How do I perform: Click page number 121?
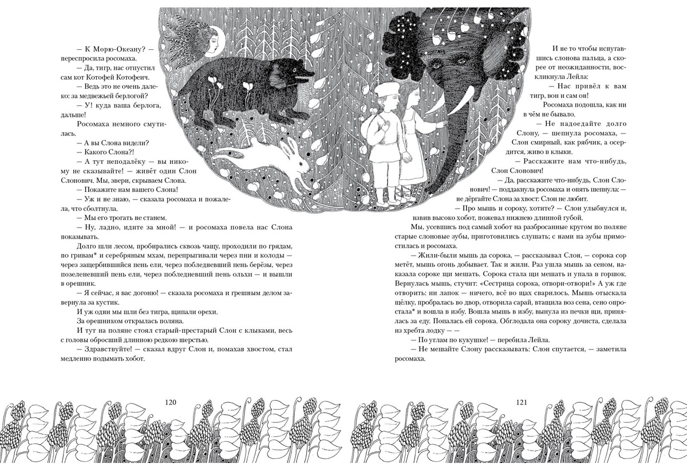517,402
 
